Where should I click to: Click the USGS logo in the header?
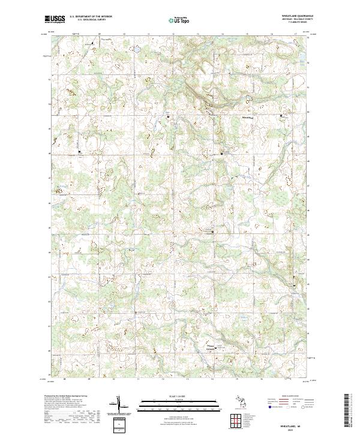pos(55,19)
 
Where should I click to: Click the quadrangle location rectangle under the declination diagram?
pos(120,424)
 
